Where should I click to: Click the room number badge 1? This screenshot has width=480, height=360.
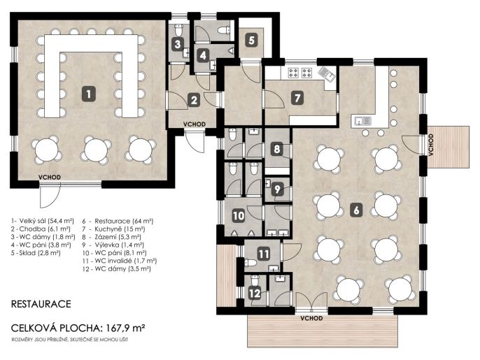(x=89, y=94)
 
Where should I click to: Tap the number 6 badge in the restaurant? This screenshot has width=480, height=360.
(x=356, y=210)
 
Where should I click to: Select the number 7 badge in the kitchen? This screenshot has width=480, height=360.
(x=297, y=98)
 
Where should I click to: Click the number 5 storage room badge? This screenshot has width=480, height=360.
(x=252, y=40)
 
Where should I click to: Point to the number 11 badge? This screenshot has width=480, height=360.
(x=264, y=254)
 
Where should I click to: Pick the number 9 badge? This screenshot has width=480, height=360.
(x=277, y=189)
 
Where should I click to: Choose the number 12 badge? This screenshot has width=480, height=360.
(x=255, y=294)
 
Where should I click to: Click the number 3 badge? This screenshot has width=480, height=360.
(x=178, y=44)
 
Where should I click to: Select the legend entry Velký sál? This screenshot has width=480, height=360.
(x=43, y=220)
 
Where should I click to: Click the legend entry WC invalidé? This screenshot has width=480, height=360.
(x=120, y=261)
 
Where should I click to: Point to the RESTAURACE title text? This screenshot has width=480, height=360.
(x=41, y=303)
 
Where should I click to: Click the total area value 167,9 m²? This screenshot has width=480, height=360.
(x=125, y=328)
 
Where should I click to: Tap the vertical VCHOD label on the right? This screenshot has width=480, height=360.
(x=431, y=145)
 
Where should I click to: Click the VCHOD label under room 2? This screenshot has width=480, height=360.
(x=195, y=124)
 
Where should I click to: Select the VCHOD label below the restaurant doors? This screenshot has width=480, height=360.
(x=311, y=318)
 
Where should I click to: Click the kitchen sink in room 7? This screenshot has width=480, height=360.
(x=326, y=73)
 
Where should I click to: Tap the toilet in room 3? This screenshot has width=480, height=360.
(x=178, y=29)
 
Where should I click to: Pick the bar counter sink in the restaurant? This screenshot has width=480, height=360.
(x=362, y=121)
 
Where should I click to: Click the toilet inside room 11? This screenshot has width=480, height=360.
(x=250, y=262)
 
